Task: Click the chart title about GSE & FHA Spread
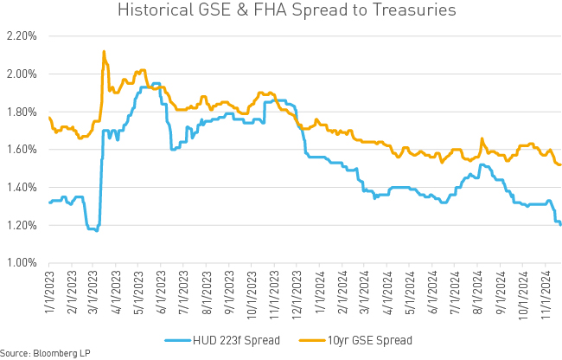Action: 281,12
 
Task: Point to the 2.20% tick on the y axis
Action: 22,36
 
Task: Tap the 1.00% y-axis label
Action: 22,263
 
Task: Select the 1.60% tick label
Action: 22,150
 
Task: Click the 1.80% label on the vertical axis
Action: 22,112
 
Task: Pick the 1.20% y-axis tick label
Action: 22,225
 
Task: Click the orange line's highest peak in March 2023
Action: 104,52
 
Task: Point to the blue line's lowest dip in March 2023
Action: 95,230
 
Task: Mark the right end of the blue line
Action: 561,225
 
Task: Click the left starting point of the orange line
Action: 49,117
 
